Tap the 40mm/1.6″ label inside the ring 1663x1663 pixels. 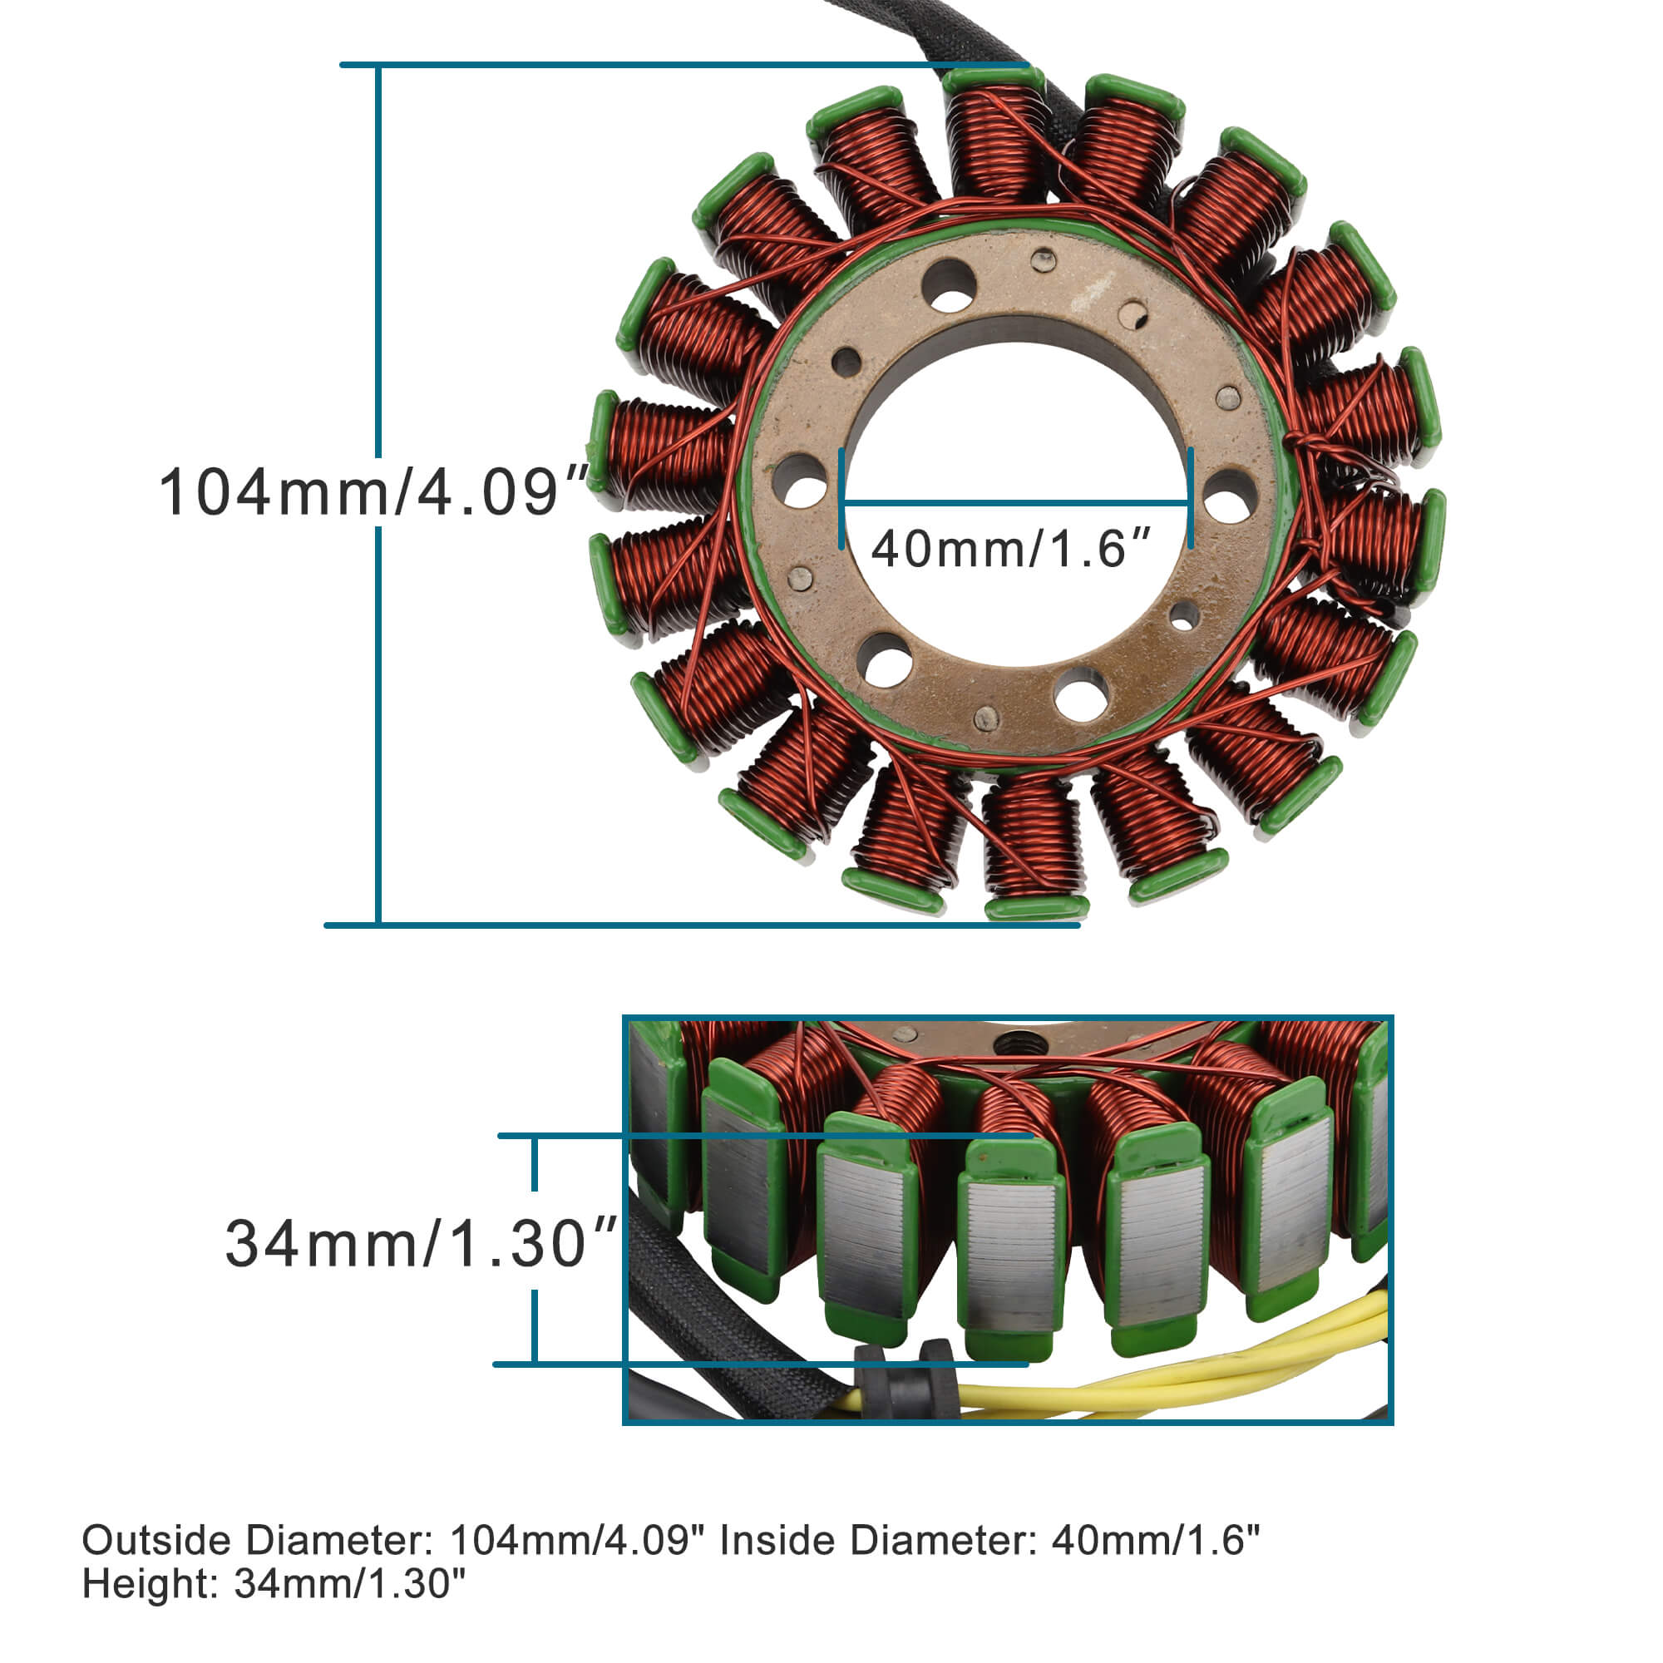(x=1010, y=548)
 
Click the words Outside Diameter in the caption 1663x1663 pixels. (x=255, y=1540)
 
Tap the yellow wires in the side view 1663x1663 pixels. (x=1205, y=1377)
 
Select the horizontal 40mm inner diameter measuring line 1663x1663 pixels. (x=1016, y=503)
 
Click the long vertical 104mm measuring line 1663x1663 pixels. (x=378, y=259)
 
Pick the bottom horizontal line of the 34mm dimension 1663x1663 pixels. (x=757, y=1364)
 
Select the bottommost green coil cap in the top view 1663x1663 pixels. (x=1036, y=907)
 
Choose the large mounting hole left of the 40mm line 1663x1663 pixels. (x=799, y=482)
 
